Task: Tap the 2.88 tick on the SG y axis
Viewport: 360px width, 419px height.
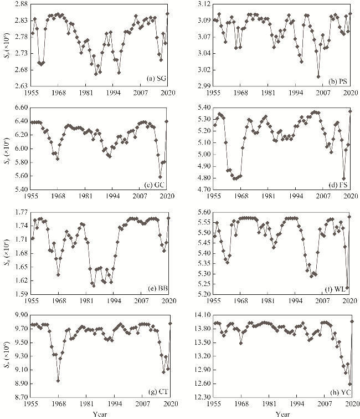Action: point(20,4)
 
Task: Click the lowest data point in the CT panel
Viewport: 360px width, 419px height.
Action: point(58,380)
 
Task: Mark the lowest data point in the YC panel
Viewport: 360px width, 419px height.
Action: point(349,384)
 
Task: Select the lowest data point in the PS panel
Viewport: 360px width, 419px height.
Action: point(318,77)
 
